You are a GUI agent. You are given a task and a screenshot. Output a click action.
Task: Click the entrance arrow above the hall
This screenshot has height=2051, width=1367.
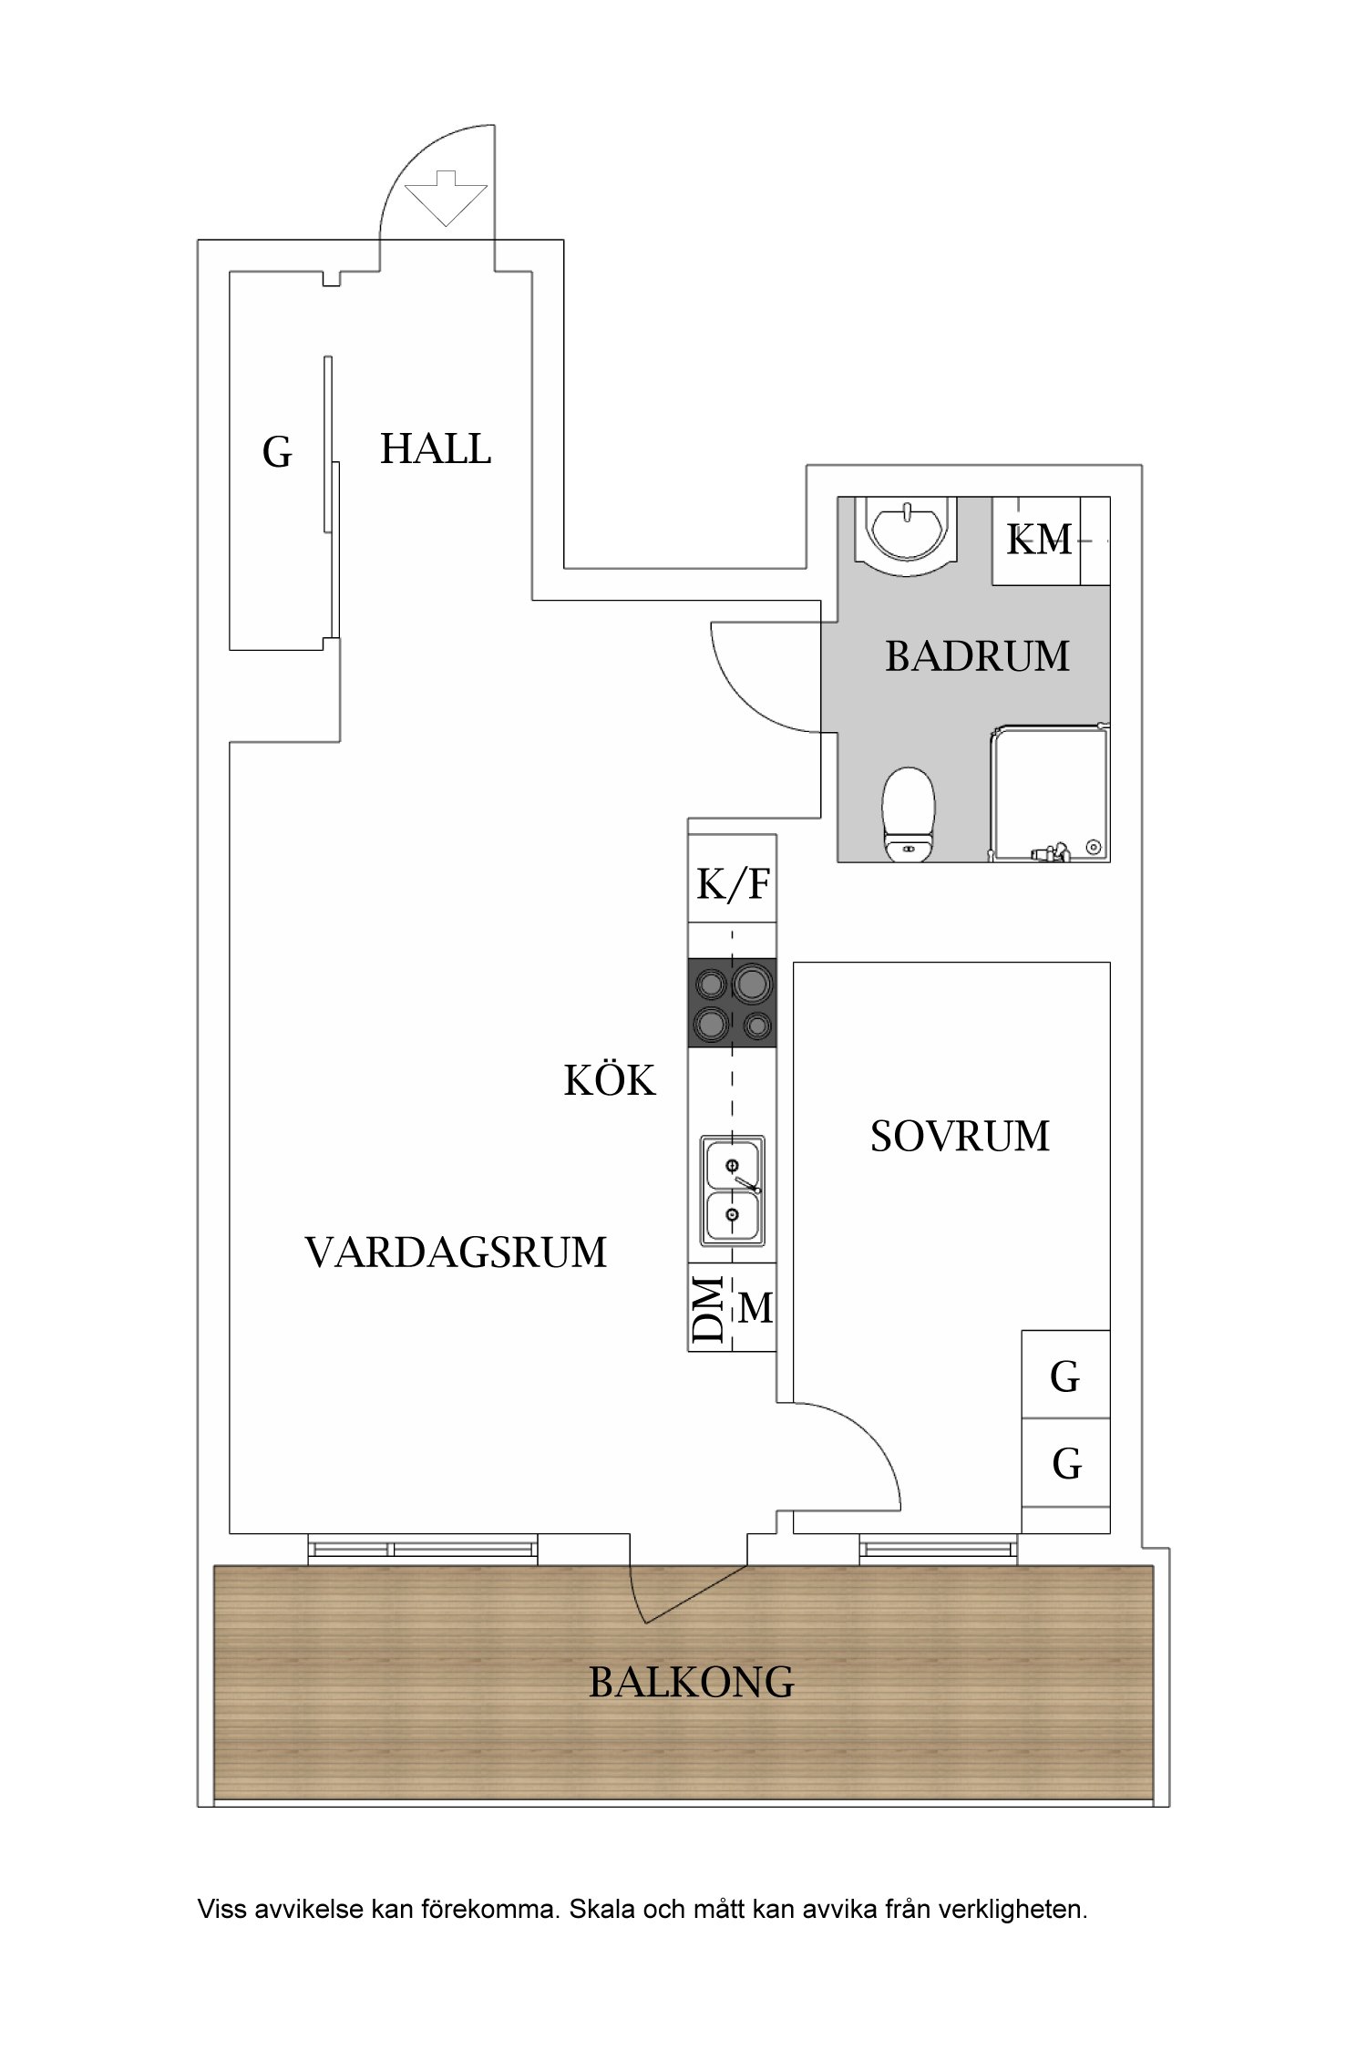point(445,198)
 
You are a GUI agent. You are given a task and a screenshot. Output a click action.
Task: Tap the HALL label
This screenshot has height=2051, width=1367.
point(435,449)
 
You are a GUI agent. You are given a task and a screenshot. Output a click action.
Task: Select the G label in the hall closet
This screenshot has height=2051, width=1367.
point(277,452)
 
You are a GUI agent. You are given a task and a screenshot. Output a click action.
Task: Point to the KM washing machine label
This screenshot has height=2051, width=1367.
point(1038,540)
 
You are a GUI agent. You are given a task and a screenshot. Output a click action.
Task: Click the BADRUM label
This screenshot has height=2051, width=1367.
point(977,656)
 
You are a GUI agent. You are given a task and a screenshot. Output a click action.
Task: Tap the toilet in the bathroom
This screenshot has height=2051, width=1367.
point(909,814)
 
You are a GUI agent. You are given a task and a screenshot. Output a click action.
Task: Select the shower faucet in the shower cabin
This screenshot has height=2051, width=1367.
point(1051,853)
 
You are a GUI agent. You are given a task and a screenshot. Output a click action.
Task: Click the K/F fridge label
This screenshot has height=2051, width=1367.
point(733,883)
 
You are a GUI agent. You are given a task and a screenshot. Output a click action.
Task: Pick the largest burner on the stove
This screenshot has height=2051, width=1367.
point(752,984)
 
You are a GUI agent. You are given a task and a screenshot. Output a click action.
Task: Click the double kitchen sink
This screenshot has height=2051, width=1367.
point(732,1190)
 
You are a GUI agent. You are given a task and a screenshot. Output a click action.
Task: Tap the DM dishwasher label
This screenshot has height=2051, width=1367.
point(709,1309)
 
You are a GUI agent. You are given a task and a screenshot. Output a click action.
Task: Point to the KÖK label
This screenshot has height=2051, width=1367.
point(609,1081)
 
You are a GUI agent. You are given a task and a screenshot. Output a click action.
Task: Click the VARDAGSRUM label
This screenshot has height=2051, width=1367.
point(456,1252)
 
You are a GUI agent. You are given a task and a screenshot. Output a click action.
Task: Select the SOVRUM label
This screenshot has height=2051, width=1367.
point(960,1137)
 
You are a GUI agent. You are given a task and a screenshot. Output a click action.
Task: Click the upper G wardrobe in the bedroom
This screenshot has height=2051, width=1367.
point(1065,1376)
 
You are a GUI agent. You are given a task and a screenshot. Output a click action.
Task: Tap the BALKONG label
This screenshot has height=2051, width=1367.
point(691,1682)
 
